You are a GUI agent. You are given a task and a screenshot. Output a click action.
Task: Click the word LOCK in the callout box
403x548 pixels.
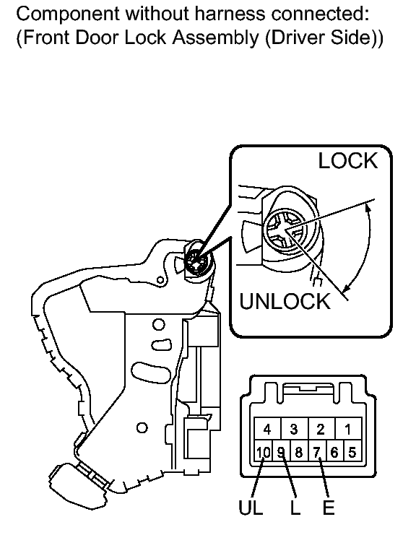[x=348, y=161]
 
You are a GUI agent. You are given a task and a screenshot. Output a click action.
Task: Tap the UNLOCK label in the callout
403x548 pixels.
[x=285, y=301]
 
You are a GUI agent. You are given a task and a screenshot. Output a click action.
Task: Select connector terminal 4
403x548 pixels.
[x=267, y=428]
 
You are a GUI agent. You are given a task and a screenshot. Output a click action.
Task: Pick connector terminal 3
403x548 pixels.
[x=294, y=428]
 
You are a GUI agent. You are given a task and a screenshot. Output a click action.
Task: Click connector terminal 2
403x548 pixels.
[x=321, y=428]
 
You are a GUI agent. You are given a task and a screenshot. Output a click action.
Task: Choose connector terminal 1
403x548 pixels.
[x=348, y=428]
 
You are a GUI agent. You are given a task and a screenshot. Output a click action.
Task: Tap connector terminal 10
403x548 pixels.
[x=263, y=452]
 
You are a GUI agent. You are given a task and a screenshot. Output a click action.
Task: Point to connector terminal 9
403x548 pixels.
[x=281, y=452]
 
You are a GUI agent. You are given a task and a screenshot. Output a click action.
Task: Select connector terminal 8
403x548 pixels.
[x=299, y=452]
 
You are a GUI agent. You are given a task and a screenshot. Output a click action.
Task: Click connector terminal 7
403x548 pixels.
[x=316, y=452]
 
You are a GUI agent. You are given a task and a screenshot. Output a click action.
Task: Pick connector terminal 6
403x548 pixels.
[x=334, y=452]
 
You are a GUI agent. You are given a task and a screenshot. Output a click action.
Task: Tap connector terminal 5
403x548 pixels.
[x=352, y=452]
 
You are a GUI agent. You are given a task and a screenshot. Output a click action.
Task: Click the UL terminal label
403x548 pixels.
[x=251, y=508]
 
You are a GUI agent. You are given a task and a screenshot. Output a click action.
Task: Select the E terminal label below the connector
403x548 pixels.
[x=329, y=508]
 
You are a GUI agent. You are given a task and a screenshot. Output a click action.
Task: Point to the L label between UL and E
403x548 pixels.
[x=295, y=508]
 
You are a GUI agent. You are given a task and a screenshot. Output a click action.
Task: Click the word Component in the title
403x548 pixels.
[x=68, y=14]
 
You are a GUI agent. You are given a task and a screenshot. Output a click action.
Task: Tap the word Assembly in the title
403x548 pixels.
[x=216, y=38]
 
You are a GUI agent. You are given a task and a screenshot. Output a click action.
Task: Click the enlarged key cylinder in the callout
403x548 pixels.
[x=285, y=230]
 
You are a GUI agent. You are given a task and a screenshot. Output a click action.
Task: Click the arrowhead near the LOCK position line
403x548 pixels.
[x=368, y=208]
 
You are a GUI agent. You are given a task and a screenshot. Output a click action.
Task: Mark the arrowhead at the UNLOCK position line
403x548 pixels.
[x=346, y=288]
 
